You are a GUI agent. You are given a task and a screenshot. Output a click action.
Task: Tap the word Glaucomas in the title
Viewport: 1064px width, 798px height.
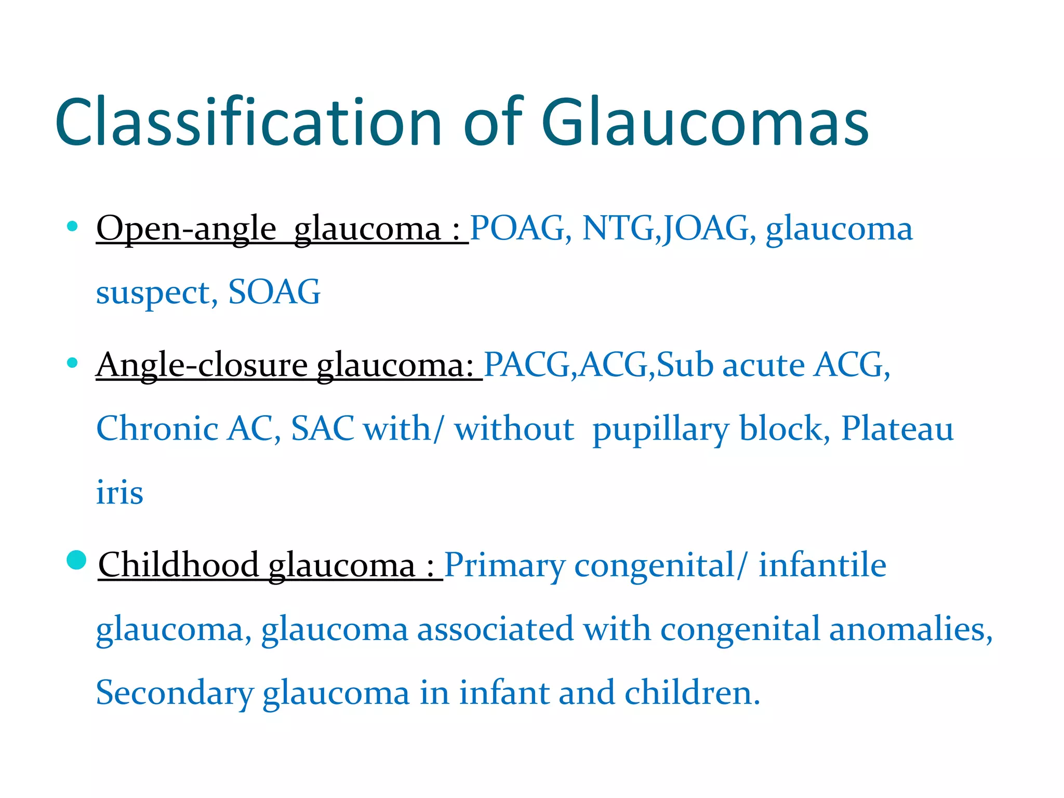coord(705,123)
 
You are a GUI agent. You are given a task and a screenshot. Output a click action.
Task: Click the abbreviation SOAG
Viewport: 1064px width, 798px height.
coord(274,292)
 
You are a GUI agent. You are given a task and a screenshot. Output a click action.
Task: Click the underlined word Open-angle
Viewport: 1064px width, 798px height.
coord(186,230)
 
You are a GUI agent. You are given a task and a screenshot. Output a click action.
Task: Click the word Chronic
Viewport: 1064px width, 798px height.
coord(157,429)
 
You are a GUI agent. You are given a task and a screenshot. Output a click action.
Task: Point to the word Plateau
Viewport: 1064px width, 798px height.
coord(897,429)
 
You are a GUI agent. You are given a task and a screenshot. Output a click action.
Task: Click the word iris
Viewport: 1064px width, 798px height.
coord(119,492)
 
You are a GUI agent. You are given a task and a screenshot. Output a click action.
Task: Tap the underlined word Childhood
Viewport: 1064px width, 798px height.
coord(178,565)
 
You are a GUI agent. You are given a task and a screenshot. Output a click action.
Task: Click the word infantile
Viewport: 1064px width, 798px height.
coord(822,565)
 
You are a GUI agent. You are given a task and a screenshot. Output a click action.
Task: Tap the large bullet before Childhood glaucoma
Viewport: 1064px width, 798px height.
coord(76,560)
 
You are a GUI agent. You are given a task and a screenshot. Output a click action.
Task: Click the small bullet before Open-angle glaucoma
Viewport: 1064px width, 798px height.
coord(72,226)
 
